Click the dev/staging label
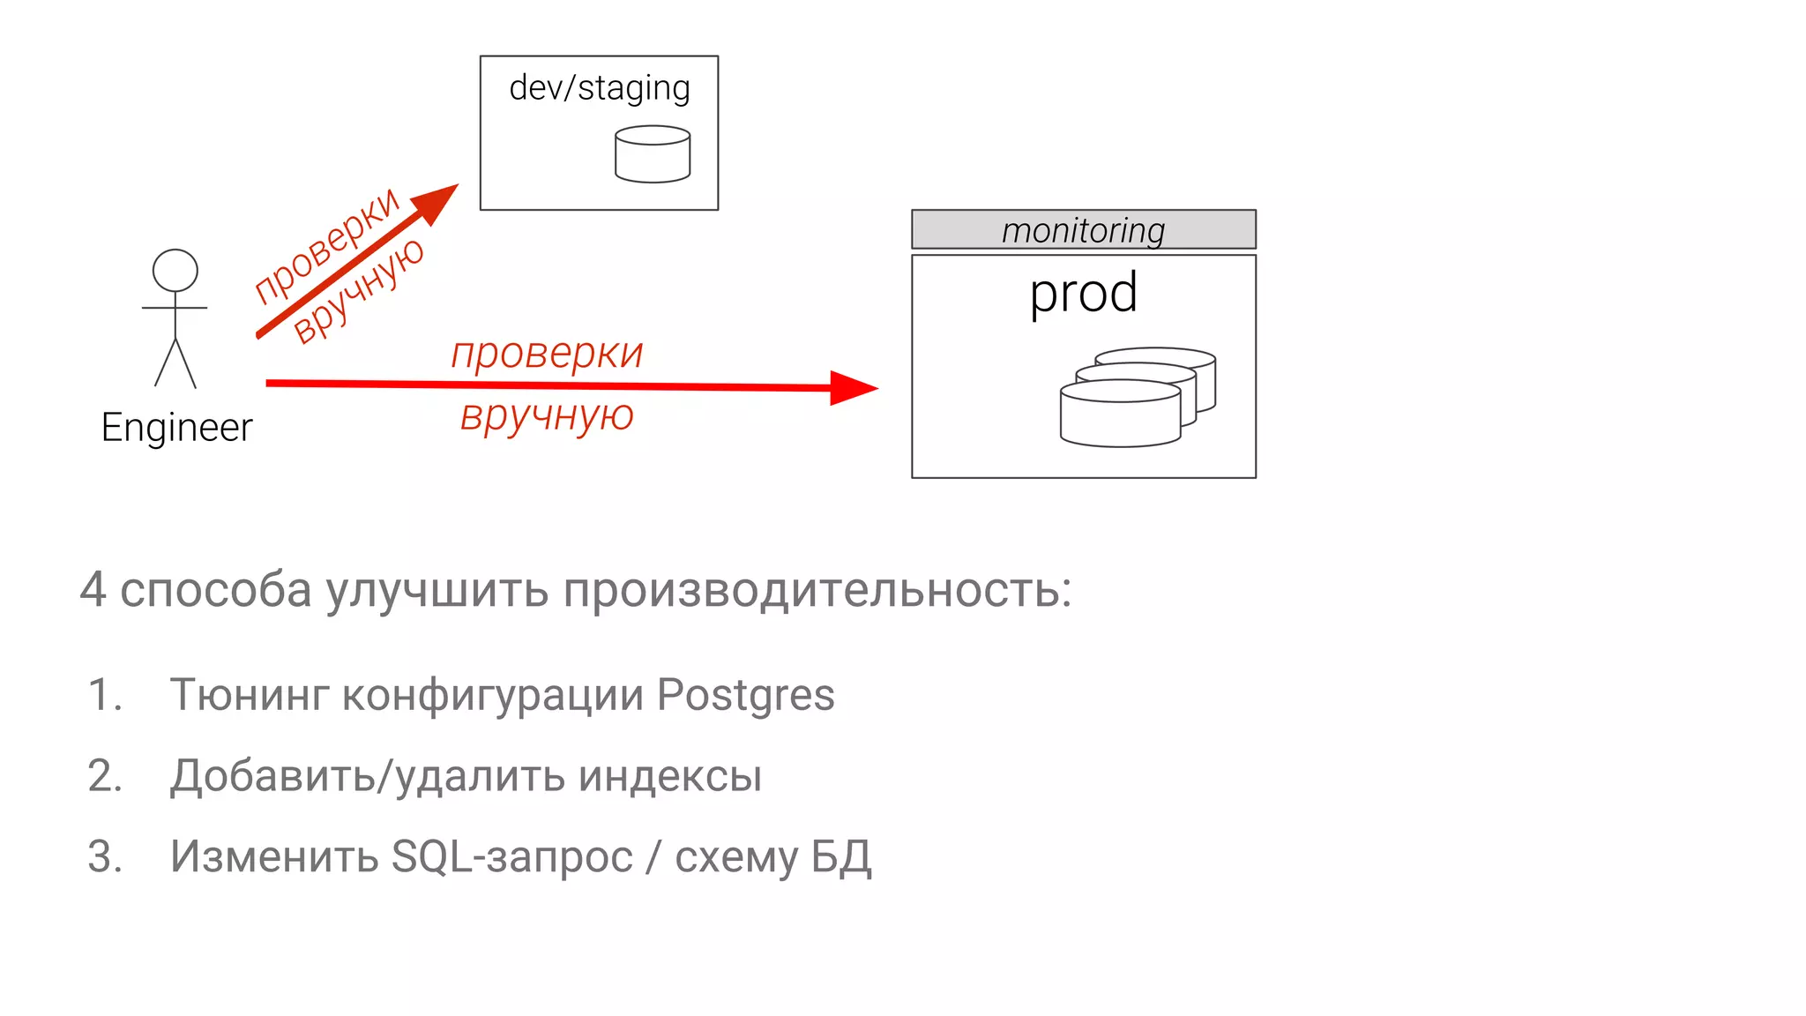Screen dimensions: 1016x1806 pyautogui.click(x=600, y=89)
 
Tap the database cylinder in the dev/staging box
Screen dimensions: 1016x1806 pyautogui.click(x=653, y=154)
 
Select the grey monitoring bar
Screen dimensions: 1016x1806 pyautogui.click(x=1083, y=229)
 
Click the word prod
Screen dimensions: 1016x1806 pyautogui.click(x=1083, y=293)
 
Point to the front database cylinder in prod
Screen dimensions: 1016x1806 pyautogui.click(x=1120, y=415)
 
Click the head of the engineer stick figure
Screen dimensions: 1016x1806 pyautogui.click(x=175, y=270)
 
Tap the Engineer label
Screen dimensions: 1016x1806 pyautogui.click(x=176, y=428)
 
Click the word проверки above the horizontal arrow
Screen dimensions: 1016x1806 pyautogui.click(x=547, y=354)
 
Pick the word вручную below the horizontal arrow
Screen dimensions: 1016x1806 pyautogui.click(x=547, y=415)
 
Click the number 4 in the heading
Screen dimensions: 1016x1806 pyautogui.click(x=93, y=590)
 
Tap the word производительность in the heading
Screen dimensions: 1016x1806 pyautogui.click(x=817, y=590)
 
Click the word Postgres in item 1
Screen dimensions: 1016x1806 pyautogui.click(x=745, y=695)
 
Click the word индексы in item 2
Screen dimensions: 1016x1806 pyautogui.click(x=670, y=776)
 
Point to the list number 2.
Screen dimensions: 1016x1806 pyautogui.click(x=105, y=776)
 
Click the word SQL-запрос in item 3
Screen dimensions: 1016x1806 pyautogui.click(x=511, y=856)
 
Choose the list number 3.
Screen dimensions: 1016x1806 pyautogui.click(x=105, y=856)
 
